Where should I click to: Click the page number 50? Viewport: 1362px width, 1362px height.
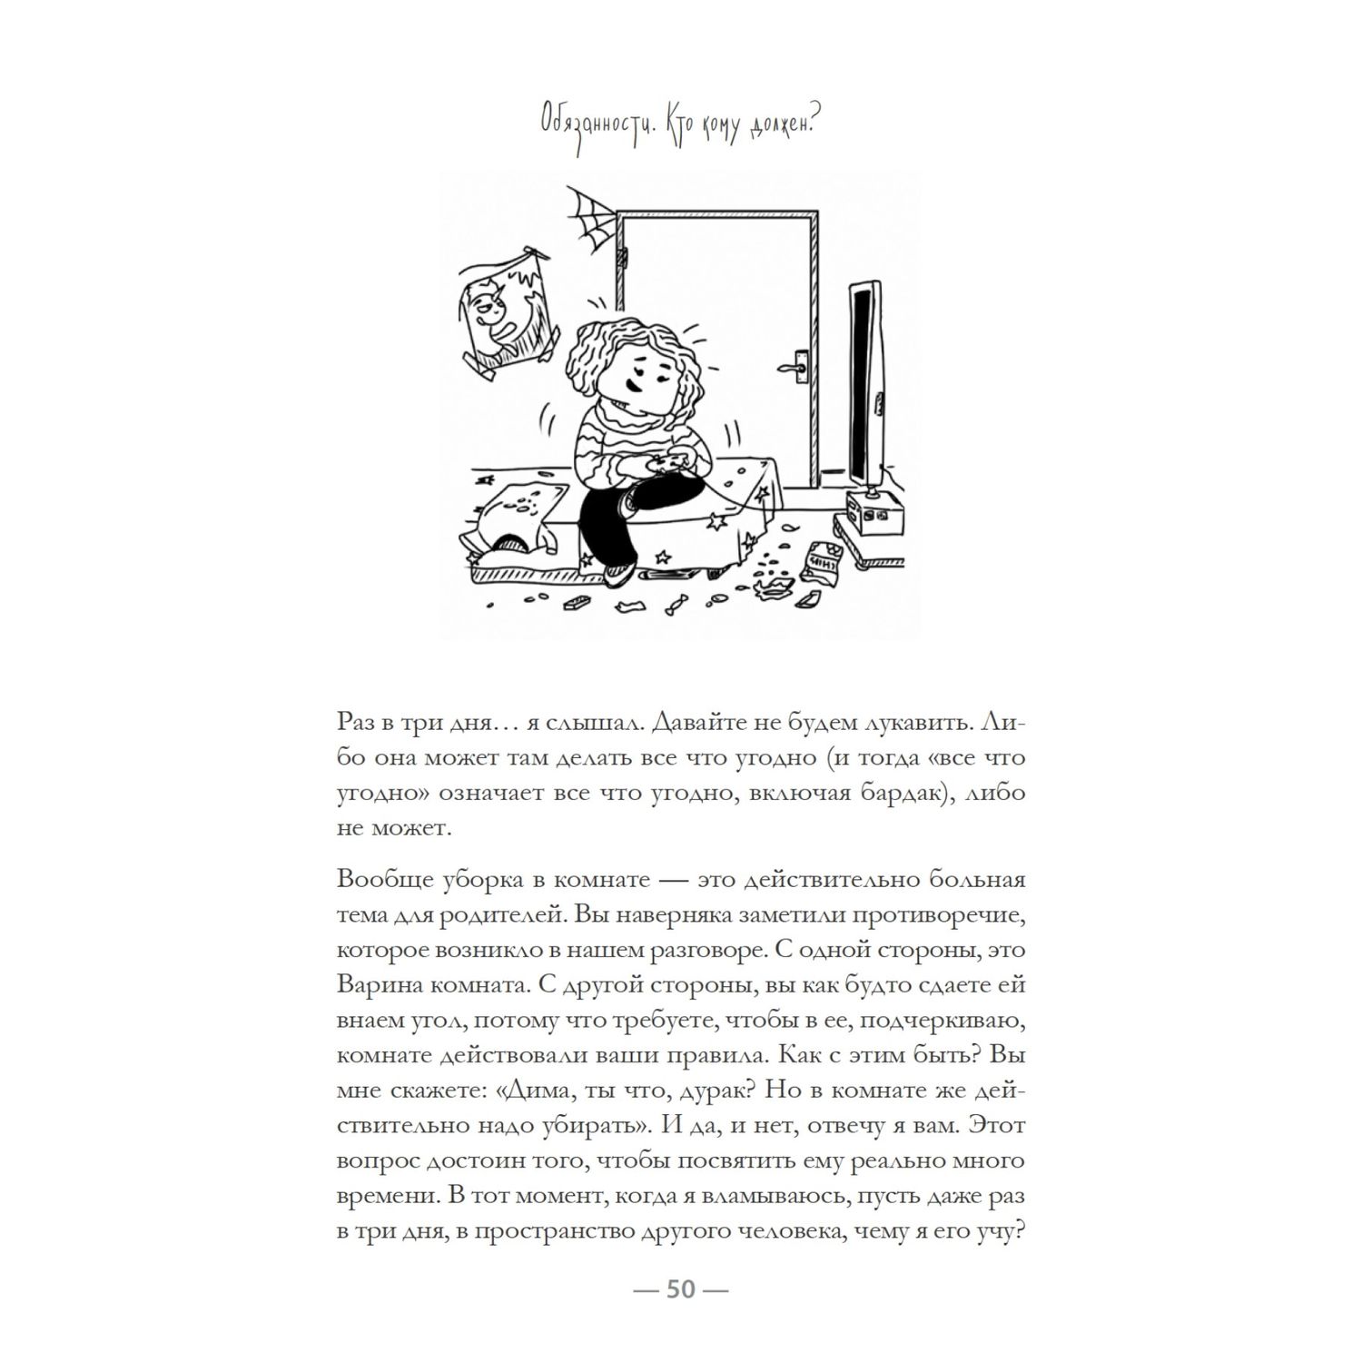tap(681, 1289)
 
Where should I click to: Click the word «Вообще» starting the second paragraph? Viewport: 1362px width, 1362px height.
tap(378, 880)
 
